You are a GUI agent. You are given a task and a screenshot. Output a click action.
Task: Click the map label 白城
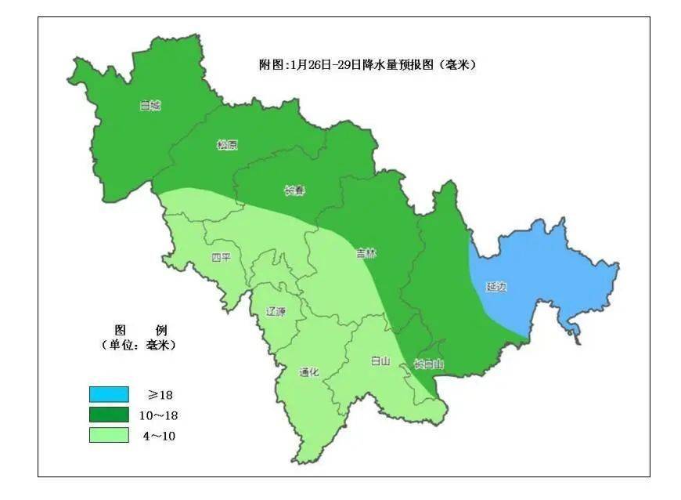(x=150, y=106)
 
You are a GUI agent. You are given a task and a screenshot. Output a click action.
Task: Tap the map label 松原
(x=227, y=145)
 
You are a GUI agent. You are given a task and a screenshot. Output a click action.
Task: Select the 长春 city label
(x=294, y=190)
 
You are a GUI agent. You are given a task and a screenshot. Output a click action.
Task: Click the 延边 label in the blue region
(x=496, y=287)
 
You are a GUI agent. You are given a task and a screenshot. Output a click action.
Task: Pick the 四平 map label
(x=222, y=257)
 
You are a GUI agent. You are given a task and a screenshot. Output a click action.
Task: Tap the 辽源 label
(x=276, y=311)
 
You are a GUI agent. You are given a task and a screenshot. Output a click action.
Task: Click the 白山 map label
(x=380, y=361)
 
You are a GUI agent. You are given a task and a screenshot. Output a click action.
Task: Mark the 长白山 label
(x=428, y=364)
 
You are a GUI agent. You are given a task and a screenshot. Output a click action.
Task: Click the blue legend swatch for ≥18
(x=109, y=394)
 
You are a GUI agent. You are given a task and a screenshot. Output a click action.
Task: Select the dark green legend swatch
(x=109, y=415)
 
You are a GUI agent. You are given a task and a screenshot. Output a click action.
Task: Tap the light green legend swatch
(x=109, y=435)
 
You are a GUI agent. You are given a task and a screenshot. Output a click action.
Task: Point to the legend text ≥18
(x=160, y=394)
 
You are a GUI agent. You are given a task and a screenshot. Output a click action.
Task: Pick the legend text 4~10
(x=160, y=436)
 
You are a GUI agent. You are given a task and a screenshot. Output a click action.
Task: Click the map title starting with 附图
(x=367, y=64)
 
